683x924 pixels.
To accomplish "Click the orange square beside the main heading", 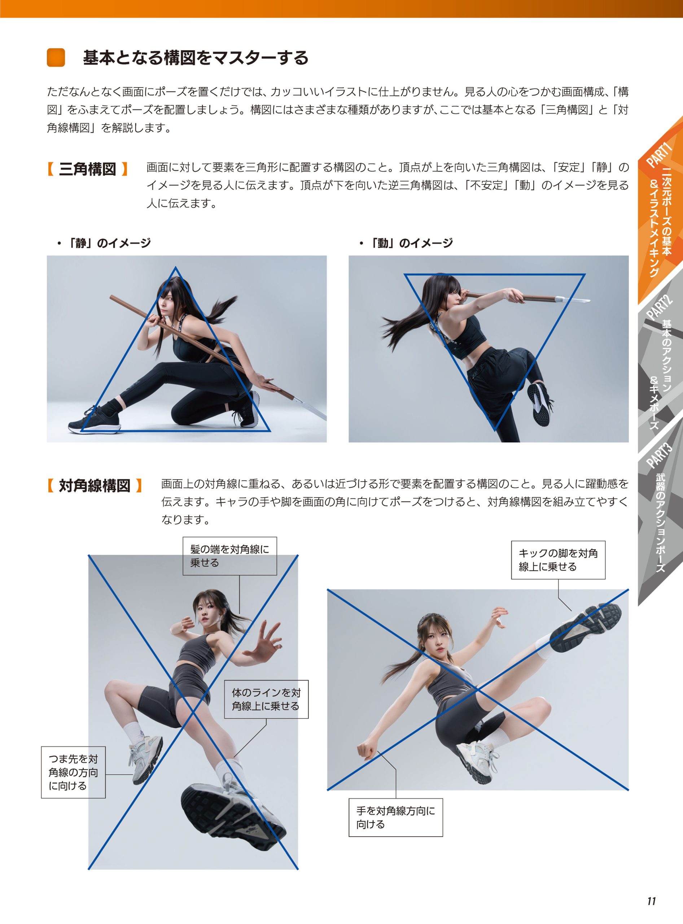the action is [x=56, y=57].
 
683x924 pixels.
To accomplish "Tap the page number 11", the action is [x=652, y=901].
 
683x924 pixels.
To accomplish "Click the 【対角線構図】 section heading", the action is [x=95, y=485].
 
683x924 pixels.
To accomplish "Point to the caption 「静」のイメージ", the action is [x=104, y=243].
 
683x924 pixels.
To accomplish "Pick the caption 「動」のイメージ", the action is [x=406, y=243].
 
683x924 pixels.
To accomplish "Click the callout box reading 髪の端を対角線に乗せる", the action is [x=230, y=556].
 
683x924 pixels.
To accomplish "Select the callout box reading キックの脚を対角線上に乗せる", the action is [x=558, y=559].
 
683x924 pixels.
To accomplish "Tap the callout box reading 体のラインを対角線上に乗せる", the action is [x=267, y=699].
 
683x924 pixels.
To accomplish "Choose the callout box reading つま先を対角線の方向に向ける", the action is [x=73, y=772].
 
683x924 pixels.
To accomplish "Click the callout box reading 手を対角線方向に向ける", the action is [x=396, y=818].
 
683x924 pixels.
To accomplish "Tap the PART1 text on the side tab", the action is [x=660, y=155].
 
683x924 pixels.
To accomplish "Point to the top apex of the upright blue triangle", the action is [x=176, y=267].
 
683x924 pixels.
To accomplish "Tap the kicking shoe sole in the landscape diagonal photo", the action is [x=586, y=629].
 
